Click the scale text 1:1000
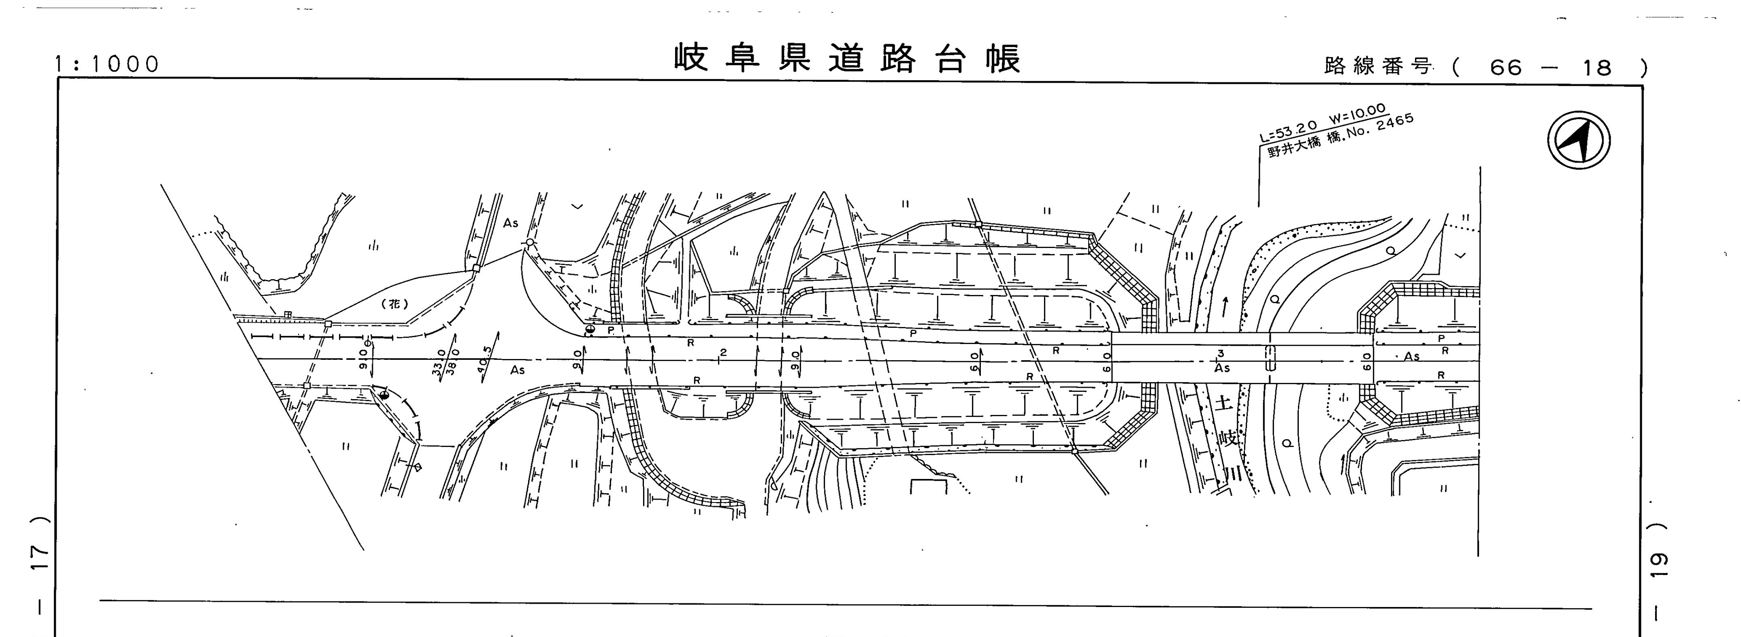tap(107, 64)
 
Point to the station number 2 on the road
tap(723, 352)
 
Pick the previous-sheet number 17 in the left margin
tap(41, 556)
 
